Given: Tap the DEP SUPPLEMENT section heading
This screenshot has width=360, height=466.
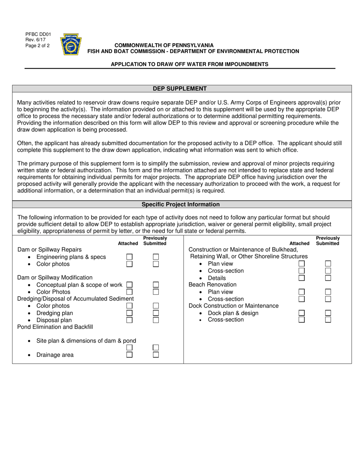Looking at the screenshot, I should (180, 89).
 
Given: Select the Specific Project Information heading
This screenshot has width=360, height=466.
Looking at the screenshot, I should (180, 204).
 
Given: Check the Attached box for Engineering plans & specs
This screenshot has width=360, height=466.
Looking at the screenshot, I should (129, 257).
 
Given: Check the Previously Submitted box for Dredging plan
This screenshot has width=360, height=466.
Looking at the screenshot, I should (156, 313).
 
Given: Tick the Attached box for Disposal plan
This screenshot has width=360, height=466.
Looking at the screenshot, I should (129, 320).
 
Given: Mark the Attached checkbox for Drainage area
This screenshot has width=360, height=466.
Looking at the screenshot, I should (129, 355).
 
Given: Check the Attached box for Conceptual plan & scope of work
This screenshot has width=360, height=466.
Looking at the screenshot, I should (129, 285).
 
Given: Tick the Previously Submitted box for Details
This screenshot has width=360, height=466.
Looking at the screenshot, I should (328, 278).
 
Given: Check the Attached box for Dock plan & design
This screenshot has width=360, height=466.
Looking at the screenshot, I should (302, 313).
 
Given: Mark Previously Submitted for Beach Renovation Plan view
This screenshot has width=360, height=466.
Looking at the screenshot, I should (328, 292).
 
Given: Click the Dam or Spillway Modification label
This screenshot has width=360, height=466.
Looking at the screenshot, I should (55, 278).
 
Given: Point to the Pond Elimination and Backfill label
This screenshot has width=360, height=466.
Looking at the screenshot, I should (55, 327).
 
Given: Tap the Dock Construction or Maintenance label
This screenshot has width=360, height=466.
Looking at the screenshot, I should (233, 306).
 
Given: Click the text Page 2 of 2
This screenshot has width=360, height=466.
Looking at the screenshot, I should (38, 45).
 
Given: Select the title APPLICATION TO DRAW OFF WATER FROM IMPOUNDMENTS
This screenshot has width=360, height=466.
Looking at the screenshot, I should (189, 64).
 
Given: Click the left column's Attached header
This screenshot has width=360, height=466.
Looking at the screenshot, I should (128, 244).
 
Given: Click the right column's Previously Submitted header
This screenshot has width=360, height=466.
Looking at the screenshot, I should (328, 241).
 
